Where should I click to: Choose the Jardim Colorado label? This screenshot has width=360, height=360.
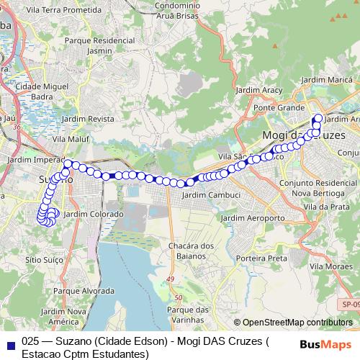pyautogui.click(x=94, y=215)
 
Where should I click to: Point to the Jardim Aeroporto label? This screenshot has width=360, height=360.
pyautogui.click(x=253, y=217)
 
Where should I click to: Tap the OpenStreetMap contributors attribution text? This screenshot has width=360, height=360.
pyautogui.click(x=293, y=323)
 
